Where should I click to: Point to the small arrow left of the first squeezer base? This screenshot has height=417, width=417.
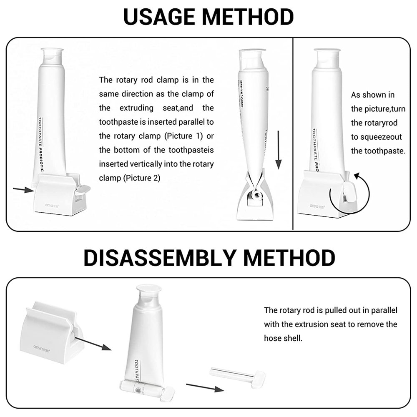click(x=23, y=190)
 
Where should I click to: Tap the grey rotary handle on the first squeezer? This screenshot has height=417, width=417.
click(x=81, y=190)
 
